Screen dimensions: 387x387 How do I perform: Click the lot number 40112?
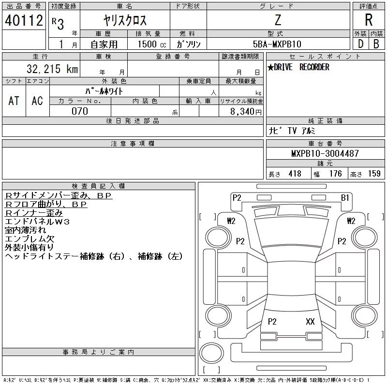pyautogui.click(x=24, y=20)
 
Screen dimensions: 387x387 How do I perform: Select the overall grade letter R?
pyautogui.click(x=369, y=20)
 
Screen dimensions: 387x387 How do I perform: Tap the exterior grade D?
pyautogui.click(x=360, y=44)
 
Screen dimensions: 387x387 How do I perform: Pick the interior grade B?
pyautogui.click(x=376, y=44)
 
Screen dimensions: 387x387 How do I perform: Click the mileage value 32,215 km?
pyautogui.click(x=52, y=69)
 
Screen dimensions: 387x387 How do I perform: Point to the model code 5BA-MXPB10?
pyautogui.click(x=277, y=44)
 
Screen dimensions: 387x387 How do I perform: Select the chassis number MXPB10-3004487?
pyautogui.click(x=325, y=153)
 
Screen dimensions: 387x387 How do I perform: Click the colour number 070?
pyautogui.click(x=80, y=111)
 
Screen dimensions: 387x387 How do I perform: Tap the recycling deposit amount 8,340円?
pyautogui.click(x=246, y=112)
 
